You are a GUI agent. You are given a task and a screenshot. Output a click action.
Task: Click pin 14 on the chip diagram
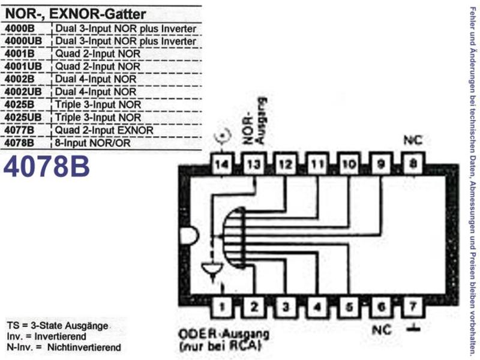222,164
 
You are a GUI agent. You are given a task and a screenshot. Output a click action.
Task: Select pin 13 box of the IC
254,164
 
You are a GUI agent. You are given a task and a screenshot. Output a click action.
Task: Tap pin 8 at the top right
413,164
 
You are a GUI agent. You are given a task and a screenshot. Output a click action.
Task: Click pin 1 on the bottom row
222,307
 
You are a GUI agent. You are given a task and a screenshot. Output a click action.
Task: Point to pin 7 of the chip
413,307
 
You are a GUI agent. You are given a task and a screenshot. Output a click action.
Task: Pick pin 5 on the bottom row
349,307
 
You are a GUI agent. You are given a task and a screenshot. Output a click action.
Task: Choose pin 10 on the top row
349,164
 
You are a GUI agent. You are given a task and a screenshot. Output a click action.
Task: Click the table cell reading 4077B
19,130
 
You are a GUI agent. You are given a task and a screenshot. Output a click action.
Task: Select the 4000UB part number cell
23,41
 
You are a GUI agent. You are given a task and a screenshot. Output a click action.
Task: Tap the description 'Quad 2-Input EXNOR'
104,130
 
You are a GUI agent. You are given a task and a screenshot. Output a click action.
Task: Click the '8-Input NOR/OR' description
92,143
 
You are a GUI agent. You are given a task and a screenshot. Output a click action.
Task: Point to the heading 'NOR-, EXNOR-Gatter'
76,14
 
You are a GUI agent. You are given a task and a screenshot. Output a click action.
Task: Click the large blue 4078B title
47,167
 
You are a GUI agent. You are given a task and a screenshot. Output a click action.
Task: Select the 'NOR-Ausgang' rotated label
254,121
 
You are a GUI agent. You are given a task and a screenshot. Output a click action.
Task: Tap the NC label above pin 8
413,140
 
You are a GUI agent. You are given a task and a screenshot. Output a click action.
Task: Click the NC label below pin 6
382,330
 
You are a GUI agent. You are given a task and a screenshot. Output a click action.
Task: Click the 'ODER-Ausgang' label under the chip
224,334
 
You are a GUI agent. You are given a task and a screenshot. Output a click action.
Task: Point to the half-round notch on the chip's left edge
189,236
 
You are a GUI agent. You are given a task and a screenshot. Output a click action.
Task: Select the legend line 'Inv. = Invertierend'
47,337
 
